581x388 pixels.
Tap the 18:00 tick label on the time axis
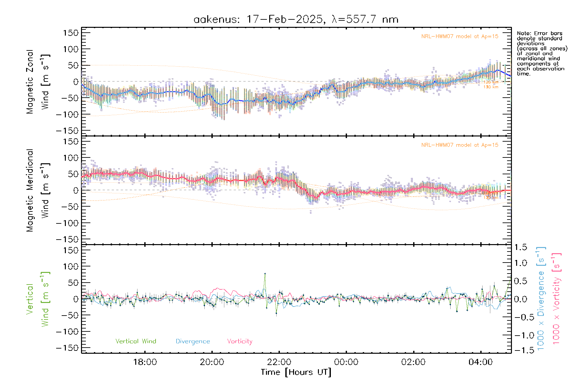(x=145, y=362)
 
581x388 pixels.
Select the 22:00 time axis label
(x=279, y=362)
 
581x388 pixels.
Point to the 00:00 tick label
(x=346, y=362)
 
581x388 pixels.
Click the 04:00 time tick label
(x=481, y=362)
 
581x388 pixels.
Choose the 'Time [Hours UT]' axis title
(x=296, y=372)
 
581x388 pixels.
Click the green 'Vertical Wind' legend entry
(x=136, y=341)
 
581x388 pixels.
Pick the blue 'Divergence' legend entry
(x=193, y=341)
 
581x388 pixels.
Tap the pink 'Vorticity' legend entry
(x=240, y=341)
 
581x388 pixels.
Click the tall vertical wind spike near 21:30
(x=265, y=274)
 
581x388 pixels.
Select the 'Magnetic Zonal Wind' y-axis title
(x=38, y=81)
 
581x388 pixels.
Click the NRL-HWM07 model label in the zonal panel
(x=460, y=37)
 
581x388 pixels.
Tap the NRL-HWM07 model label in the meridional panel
(x=460, y=145)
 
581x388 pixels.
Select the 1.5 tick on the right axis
(x=520, y=247)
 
